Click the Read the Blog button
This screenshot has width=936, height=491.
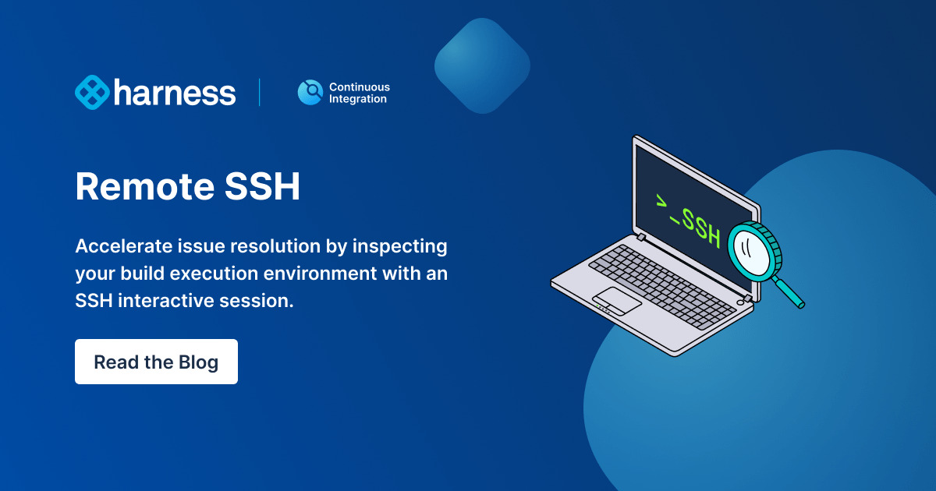pos(156,362)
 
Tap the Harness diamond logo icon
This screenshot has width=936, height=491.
pos(92,92)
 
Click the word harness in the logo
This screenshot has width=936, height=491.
pos(175,93)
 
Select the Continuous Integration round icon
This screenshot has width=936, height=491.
pos(310,93)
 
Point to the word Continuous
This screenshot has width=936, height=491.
pos(359,87)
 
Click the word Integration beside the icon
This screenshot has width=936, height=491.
pos(357,99)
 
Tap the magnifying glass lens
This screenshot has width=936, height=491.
pos(750,251)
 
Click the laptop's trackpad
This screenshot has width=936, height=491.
pos(616,298)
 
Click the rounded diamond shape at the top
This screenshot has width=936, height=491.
pos(482,65)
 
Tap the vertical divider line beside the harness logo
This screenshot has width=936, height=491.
pos(260,92)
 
